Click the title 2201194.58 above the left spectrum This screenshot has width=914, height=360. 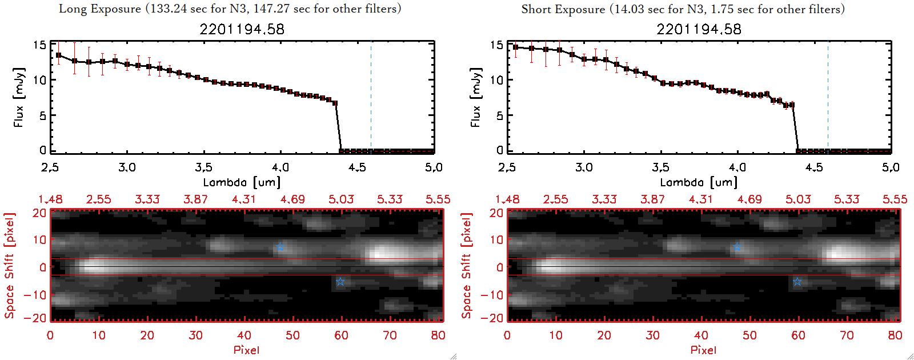tap(242, 29)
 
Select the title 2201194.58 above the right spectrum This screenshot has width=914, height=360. tap(699, 29)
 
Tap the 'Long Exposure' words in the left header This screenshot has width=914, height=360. tap(100, 9)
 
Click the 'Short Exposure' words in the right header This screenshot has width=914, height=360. tap(563, 9)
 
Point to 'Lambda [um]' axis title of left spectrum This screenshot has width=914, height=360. tap(242, 182)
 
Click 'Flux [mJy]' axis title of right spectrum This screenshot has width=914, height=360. tap(476, 97)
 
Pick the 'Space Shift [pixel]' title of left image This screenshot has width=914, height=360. tap(9, 266)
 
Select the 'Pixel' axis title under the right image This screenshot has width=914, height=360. tap(703, 350)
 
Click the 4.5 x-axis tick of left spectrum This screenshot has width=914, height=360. tap(357, 167)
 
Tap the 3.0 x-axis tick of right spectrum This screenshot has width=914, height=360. tap(584, 167)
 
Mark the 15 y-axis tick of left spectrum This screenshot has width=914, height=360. tap(39, 45)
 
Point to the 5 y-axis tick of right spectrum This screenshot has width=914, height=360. tap(499, 115)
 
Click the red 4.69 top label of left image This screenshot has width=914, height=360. tap(292, 199)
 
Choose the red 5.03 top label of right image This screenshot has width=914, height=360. tap(798, 199)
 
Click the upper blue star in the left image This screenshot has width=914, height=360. tap(280, 247)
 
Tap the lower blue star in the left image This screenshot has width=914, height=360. tap(340, 282)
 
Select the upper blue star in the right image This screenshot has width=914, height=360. tap(737, 247)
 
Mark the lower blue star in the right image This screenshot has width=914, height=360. tap(797, 282)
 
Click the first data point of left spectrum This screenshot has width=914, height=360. tap(58, 55)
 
